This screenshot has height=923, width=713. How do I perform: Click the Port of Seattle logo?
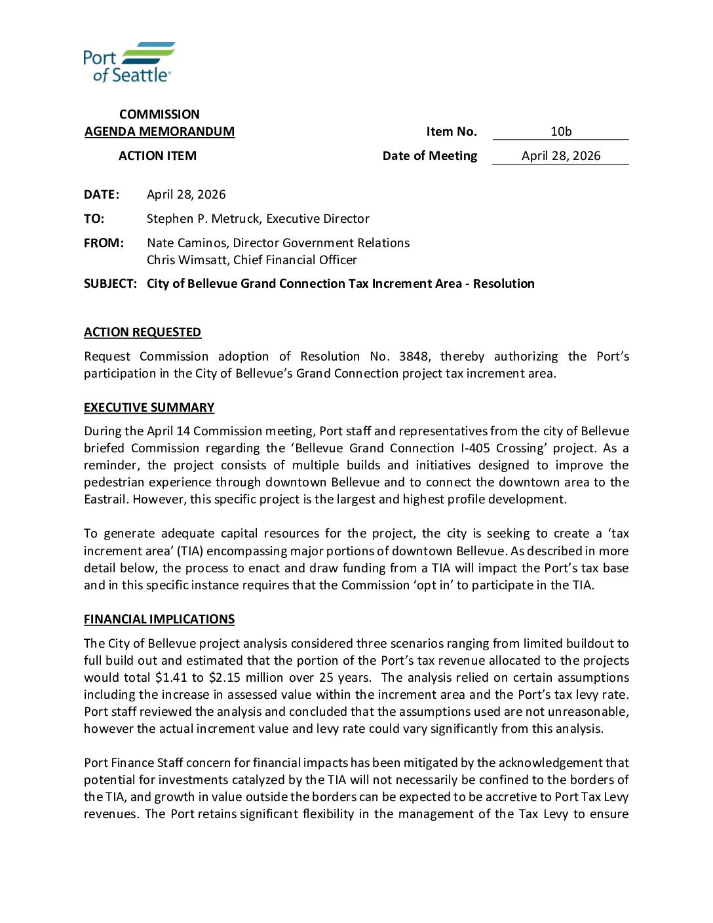tap(128, 62)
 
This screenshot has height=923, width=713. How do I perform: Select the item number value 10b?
tap(561, 132)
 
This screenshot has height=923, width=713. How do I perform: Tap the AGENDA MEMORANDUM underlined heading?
tap(159, 132)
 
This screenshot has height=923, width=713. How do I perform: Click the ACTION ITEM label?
tap(157, 156)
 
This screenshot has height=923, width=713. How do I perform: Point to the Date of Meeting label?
tap(430, 156)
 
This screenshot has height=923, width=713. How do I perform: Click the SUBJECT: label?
tap(110, 284)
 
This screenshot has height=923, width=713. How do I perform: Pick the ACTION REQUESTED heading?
tap(142, 332)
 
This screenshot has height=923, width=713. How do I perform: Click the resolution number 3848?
tap(414, 357)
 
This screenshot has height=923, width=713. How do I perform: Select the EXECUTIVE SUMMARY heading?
tap(149, 408)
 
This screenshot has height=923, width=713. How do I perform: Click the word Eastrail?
tap(106, 500)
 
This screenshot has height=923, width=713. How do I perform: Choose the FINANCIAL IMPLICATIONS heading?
tap(159, 619)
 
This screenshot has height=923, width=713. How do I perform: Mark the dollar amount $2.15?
tap(223, 678)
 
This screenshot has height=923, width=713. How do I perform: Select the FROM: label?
tap(104, 243)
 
